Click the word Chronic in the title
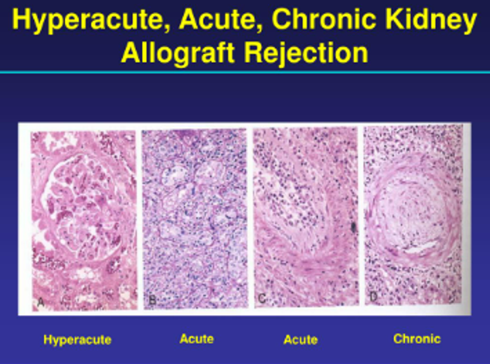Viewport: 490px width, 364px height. pos(323,19)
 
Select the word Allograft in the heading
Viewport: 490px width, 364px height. pos(178,53)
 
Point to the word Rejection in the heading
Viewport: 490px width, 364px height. pos(306,53)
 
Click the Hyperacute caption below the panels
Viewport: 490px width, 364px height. pos(77,340)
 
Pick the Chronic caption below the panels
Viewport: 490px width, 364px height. pos(417,338)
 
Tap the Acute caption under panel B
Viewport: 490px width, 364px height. pos(196,338)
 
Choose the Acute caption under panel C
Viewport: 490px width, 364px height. pos(301,340)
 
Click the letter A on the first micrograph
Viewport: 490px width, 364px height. pos(41,302)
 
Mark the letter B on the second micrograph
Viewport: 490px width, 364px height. pos(152,300)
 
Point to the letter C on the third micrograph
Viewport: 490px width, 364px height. pos(262,299)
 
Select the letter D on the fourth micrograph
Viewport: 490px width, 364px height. pos(373,296)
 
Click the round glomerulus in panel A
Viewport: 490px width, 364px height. pos(82,207)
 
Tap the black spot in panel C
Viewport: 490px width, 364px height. pos(353,226)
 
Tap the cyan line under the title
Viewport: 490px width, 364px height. pos(245,72)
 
